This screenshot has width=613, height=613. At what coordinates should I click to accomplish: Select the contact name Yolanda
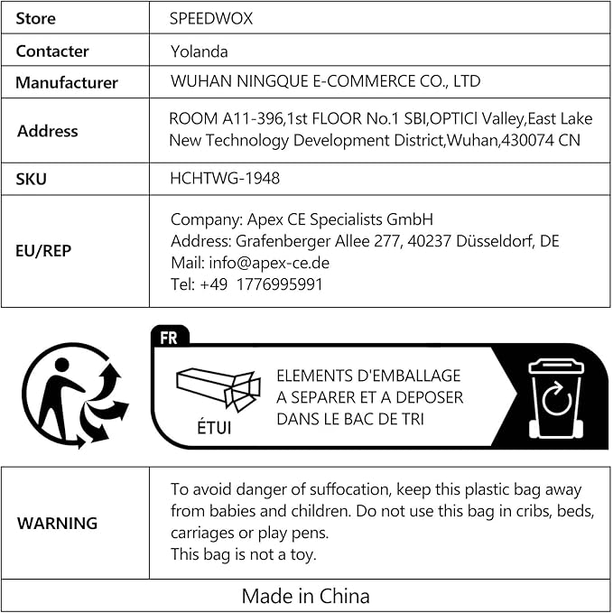coord(199,51)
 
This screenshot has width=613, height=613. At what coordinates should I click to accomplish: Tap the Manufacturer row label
coord(67,83)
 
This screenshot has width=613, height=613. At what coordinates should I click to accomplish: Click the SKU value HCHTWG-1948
coord(225,178)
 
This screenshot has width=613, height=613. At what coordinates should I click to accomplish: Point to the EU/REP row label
coord(43,251)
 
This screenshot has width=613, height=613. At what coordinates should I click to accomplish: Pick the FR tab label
coord(169,338)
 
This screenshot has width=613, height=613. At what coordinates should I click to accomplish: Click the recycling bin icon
coord(556,397)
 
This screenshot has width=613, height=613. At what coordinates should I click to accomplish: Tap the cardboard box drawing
coord(218,389)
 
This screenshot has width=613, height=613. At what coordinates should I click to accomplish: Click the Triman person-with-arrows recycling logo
coord(75,395)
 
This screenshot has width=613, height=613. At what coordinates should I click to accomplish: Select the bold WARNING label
coord(58,524)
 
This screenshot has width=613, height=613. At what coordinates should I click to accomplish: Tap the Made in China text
coord(305,596)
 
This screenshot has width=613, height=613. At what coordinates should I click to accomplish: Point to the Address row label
coord(47,131)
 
